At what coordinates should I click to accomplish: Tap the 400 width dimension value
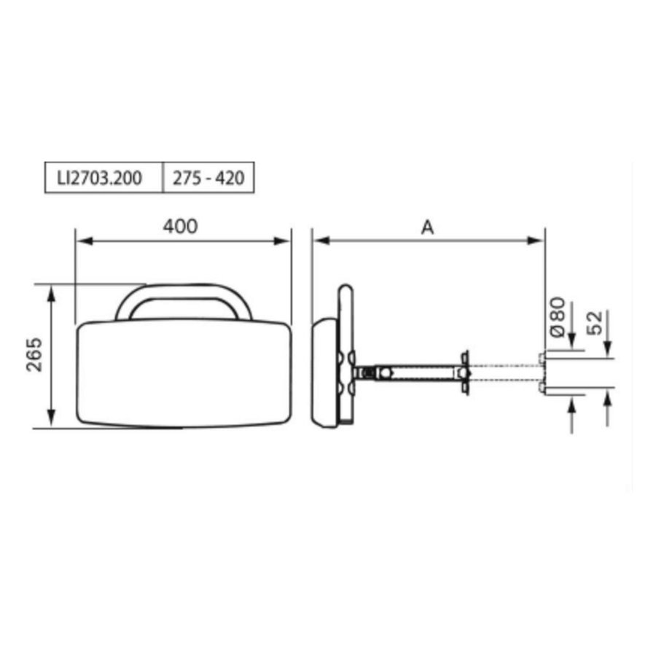point(180,227)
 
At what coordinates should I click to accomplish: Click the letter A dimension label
point(427,227)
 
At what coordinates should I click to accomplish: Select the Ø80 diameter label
point(557,317)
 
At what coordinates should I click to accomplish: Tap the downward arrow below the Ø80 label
point(572,343)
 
